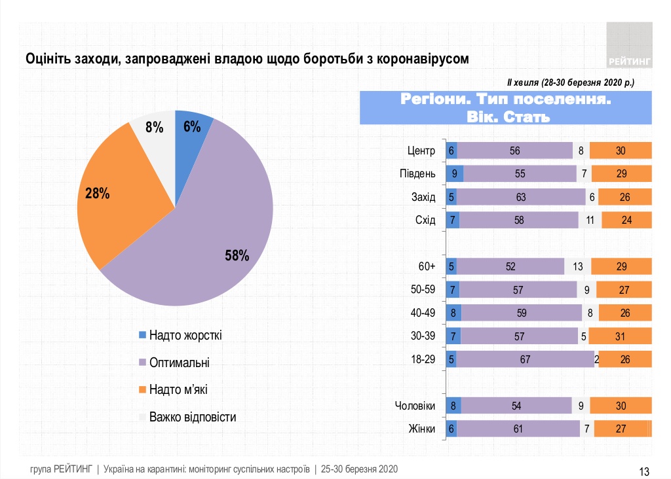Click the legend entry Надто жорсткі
click(x=185, y=336)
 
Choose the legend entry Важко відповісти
click(x=192, y=417)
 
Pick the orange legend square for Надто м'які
click(x=142, y=390)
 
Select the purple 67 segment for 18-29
click(x=525, y=359)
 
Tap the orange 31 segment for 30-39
click(x=620, y=336)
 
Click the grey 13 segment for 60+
click(x=577, y=266)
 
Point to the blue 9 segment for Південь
click(x=454, y=173)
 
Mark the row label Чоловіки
click(x=415, y=406)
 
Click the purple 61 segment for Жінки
click(x=518, y=429)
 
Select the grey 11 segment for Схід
click(x=590, y=220)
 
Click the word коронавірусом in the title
click(x=422, y=59)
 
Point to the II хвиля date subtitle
click(x=570, y=83)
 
